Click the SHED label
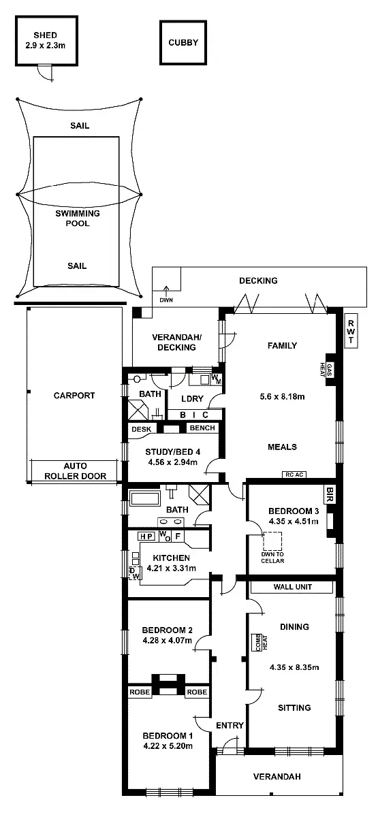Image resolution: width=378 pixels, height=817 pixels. [x=45, y=35]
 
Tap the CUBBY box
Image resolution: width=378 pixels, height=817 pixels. [x=183, y=42]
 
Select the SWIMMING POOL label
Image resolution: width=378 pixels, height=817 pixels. [x=77, y=218]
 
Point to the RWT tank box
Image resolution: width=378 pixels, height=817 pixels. [x=351, y=332]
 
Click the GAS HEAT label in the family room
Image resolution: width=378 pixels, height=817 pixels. [x=330, y=370]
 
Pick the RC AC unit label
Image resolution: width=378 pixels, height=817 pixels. [x=293, y=475]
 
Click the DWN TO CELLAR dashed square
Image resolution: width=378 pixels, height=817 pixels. [x=272, y=542]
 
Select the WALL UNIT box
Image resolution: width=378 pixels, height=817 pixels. [x=293, y=586]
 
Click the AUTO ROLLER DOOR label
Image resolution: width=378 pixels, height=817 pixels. [x=76, y=471]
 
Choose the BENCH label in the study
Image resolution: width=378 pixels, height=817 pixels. [x=202, y=428]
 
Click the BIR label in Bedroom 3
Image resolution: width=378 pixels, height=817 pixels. [x=330, y=491]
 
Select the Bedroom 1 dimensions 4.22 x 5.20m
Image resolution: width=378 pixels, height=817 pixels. [x=168, y=746]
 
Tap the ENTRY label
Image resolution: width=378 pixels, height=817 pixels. [x=230, y=726]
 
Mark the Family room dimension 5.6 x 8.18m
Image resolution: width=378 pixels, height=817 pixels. [x=281, y=396]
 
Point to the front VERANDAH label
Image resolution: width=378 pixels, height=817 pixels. [x=277, y=777]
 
